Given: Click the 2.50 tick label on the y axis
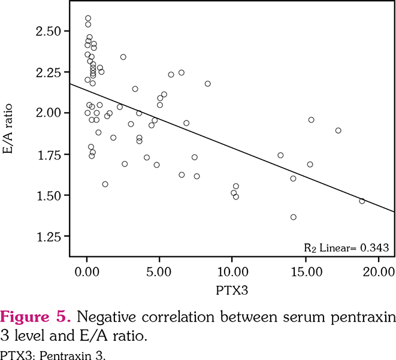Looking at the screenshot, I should pyautogui.click(x=49, y=30).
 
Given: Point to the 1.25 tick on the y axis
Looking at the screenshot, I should pyautogui.click(x=49, y=237).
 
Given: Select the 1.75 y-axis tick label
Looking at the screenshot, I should pyautogui.click(x=49, y=154).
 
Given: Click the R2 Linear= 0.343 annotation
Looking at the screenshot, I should pyautogui.click(x=346, y=247).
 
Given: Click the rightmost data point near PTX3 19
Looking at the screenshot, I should pyautogui.click(x=362, y=201).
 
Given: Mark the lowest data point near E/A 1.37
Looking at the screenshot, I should pyautogui.click(x=294, y=217).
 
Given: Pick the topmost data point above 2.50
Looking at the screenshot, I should pyautogui.click(x=88, y=19).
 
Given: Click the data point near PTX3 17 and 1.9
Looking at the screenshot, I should pyautogui.click(x=338, y=131).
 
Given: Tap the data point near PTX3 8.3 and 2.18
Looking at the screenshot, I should pyautogui.click(x=208, y=84).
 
